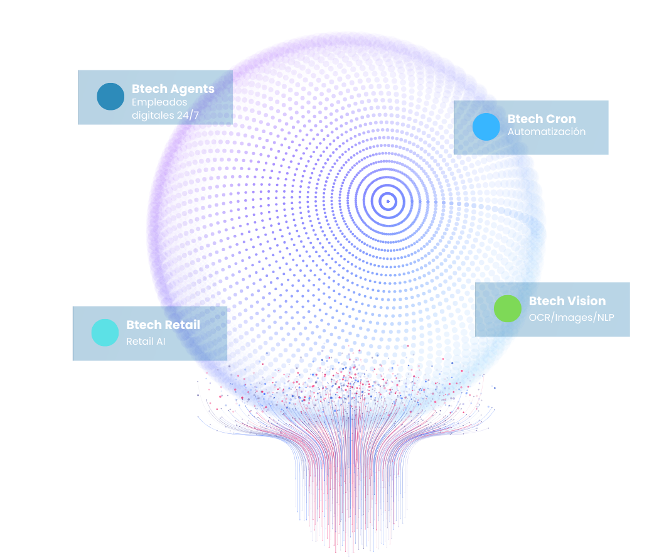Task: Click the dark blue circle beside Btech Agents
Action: click(x=110, y=97)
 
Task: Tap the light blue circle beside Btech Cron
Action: click(x=486, y=127)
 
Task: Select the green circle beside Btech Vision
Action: click(x=507, y=308)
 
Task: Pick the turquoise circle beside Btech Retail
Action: click(x=105, y=333)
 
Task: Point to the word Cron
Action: click(x=561, y=119)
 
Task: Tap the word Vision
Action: click(x=587, y=301)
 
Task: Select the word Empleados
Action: click(x=159, y=102)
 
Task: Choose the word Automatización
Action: click(x=547, y=132)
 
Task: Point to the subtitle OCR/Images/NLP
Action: click(x=571, y=317)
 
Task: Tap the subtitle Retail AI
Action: click(x=146, y=342)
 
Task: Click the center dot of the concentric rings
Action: click(x=387, y=202)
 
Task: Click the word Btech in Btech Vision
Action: click(x=547, y=301)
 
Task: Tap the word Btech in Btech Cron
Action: click(x=525, y=119)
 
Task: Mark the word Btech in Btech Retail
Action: click(x=144, y=325)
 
